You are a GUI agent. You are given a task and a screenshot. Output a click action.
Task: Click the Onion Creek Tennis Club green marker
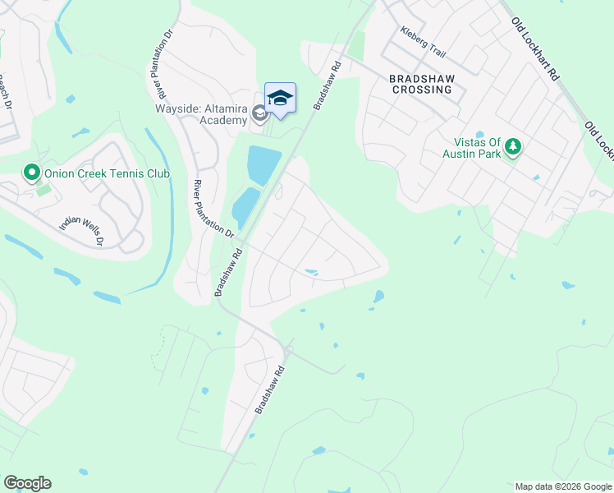pos(32,173)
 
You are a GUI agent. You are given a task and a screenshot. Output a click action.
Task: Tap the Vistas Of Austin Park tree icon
pos(513,146)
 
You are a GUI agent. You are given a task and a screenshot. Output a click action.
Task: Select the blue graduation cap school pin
pos(280,98)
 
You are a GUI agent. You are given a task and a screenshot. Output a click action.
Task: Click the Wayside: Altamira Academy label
pos(201,113)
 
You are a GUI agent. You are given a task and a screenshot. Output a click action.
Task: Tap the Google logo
pos(27,483)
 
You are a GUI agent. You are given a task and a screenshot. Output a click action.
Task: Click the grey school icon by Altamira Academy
pos(259,113)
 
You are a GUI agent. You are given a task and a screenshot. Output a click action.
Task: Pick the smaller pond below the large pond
pos(244,207)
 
